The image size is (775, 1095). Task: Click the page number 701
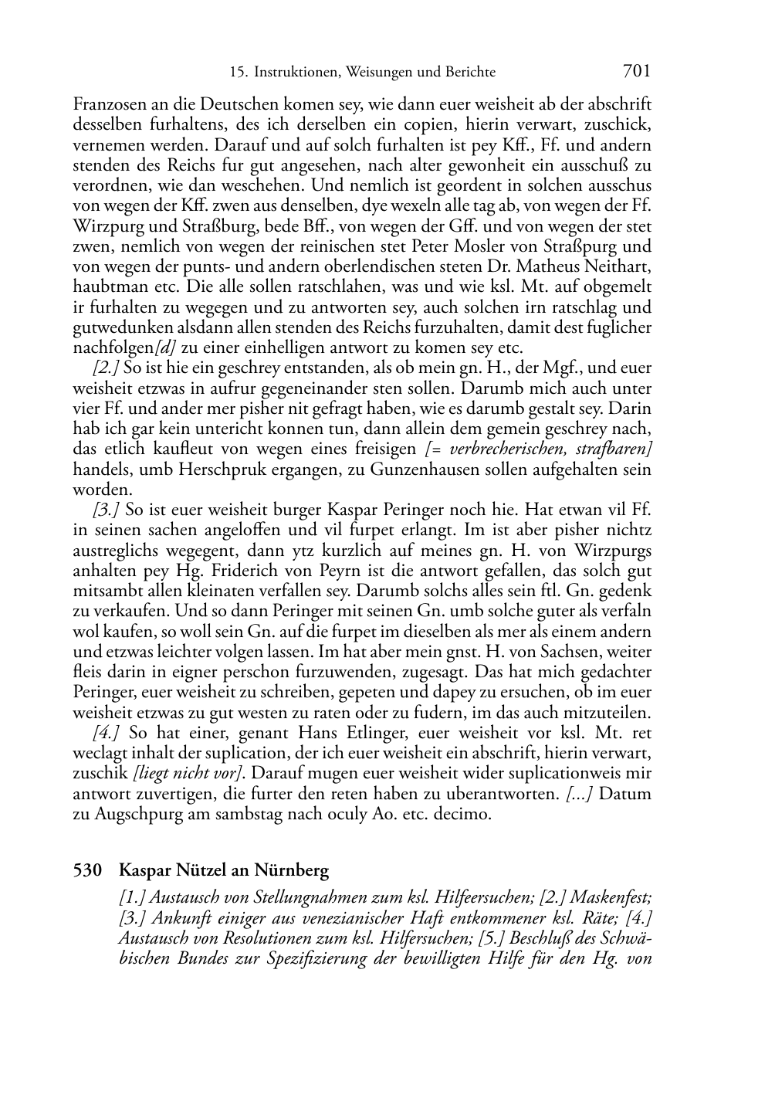pos(636,71)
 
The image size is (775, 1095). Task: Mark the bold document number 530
pos(88,870)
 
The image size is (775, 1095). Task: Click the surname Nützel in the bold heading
pos(196,870)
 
